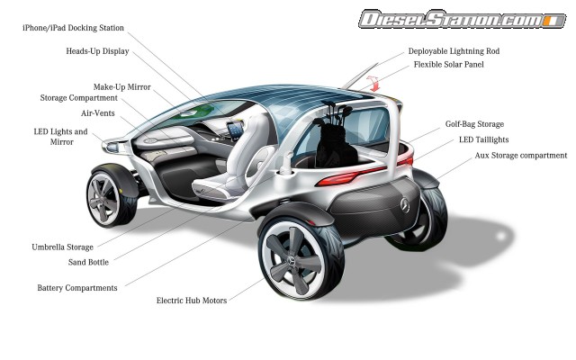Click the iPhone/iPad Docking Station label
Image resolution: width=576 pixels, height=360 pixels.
74,29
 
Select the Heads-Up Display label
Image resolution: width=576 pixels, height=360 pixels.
97,52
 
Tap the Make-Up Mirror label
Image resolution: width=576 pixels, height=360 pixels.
122,87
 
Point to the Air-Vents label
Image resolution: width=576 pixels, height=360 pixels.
97,113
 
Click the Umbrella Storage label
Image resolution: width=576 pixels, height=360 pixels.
62,247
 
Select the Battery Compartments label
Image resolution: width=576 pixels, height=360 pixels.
77,288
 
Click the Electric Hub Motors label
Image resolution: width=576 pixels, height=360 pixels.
192,300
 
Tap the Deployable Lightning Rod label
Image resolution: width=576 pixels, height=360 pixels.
454,51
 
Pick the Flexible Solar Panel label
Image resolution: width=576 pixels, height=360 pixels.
448,65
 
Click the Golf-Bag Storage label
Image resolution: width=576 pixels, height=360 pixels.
474,124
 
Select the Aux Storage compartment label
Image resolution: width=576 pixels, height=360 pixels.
521,156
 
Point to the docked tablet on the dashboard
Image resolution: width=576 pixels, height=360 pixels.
234,130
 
